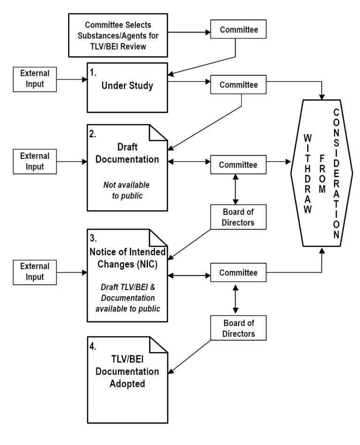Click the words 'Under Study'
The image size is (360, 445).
pyautogui.click(x=127, y=87)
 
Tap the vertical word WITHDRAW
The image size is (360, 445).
pyautogui.click(x=307, y=174)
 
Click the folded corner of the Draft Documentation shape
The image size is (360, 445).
pyautogui.click(x=159, y=134)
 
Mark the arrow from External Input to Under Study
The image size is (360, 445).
pyautogui.click(x=71, y=80)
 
